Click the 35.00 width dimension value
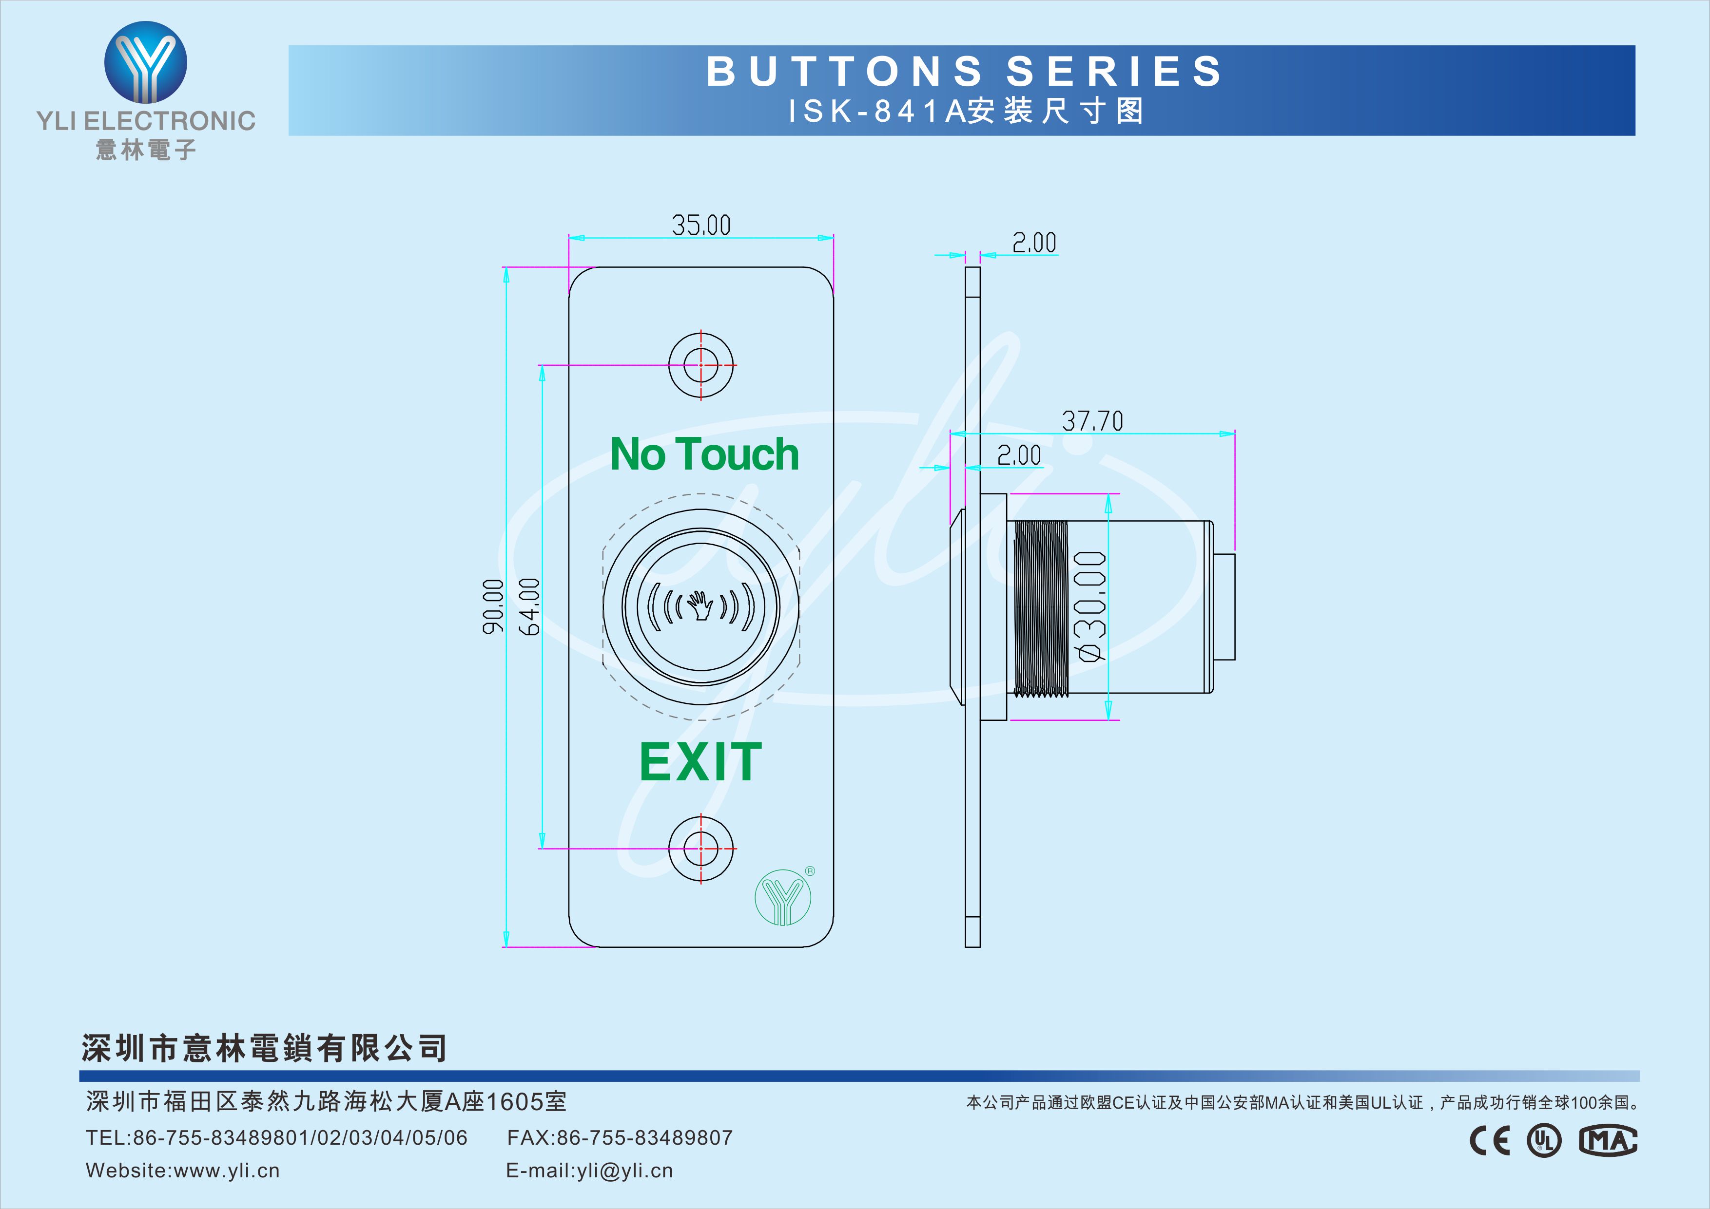(701, 225)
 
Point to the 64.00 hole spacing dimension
(529, 607)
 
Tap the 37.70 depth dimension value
(1092, 421)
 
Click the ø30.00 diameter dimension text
(1091, 606)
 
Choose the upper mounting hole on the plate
(701, 365)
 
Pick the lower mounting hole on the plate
(701, 849)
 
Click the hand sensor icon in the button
(700, 606)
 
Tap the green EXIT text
(701, 761)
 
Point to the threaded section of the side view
(1041, 609)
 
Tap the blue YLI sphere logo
(146, 62)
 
